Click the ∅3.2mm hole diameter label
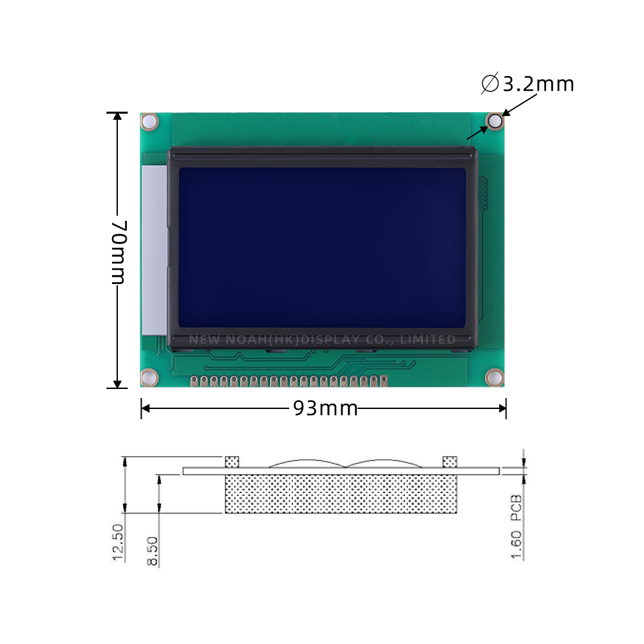[527, 84]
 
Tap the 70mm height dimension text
[117, 252]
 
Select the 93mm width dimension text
[325, 408]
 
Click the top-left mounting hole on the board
[149, 121]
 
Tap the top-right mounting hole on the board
[495, 121]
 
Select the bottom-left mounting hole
[149, 377]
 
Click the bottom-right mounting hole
[494, 377]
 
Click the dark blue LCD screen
[322, 248]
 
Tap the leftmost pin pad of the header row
[194, 382]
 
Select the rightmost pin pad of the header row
[383, 382]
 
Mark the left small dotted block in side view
[232, 462]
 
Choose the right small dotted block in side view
[450, 462]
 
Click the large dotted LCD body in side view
[341, 495]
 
